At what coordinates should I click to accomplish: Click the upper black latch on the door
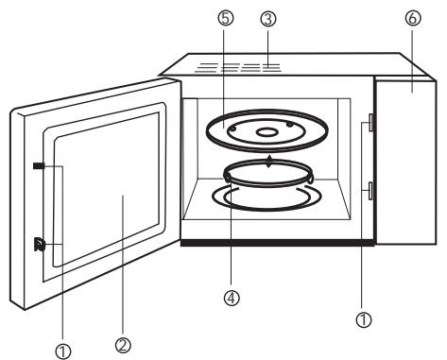[x=38, y=166]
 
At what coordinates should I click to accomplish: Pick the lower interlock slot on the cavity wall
[x=370, y=192]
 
